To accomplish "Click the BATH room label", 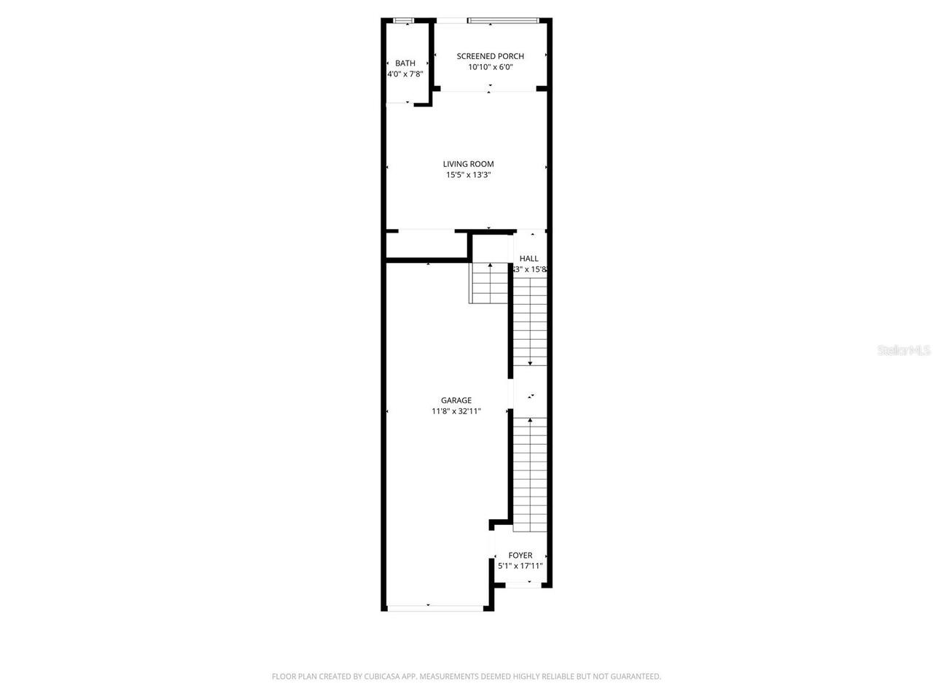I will click(x=405, y=63).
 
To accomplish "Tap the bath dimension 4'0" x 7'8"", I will click(x=405, y=74).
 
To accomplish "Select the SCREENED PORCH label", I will click(x=490, y=56).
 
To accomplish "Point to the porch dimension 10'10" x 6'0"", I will click(x=490, y=67).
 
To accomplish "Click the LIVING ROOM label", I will click(x=468, y=164).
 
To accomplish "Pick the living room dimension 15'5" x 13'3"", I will click(x=468, y=175).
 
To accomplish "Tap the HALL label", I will click(x=529, y=259).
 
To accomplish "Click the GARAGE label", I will click(x=456, y=400).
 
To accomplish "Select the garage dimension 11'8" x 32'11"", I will click(x=456, y=411).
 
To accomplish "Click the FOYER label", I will click(x=520, y=556).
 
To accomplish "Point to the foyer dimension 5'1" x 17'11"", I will click(x=520, y=566).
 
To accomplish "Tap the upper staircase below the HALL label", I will click(x=530, y=321).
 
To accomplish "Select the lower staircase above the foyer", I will click(x=530, y=474).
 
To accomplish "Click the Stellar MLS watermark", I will click(x=904, y=351).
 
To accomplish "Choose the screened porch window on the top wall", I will click(x=504, y=20).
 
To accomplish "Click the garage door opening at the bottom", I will click(x=434, y=607).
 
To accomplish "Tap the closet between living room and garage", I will click(x=426, y=245).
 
